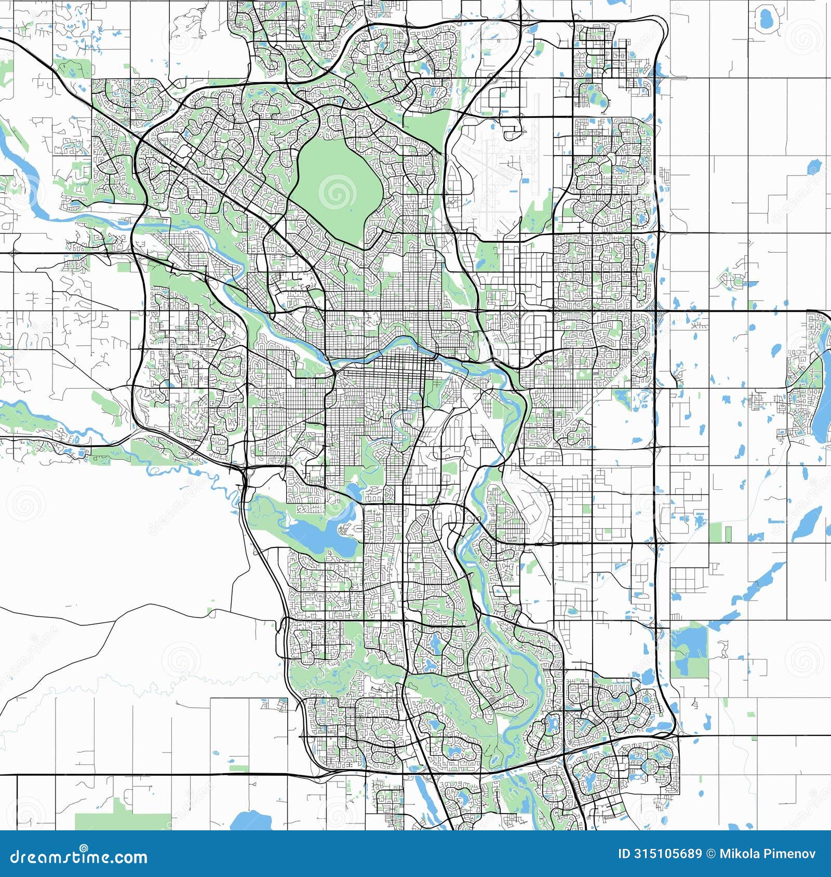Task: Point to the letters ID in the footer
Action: [x=624, y=854]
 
